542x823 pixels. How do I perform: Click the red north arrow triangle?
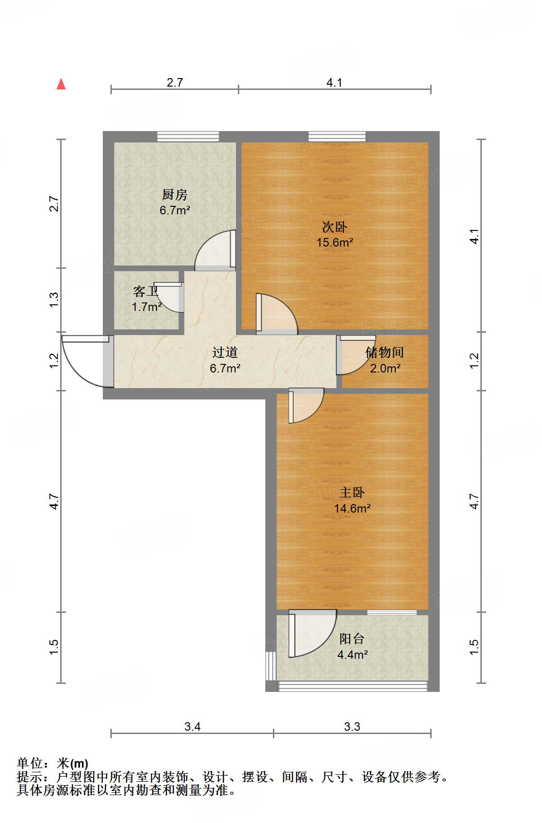click(61, 85)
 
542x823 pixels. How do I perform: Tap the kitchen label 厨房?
click(174, 195)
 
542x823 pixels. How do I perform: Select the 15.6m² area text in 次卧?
click(334, 243)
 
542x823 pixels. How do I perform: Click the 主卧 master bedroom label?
click(352, 493)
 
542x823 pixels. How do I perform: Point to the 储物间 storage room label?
click(384, 352)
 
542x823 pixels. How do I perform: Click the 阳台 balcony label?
click(352, 639)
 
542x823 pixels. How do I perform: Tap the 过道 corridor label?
click(225, 352)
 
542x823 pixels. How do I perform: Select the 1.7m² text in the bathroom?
click(146, 307)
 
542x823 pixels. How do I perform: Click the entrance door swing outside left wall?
click(83, 362)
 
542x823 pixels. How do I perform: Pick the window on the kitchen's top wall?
click(188, 137)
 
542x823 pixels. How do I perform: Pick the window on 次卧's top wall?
click(337, 137)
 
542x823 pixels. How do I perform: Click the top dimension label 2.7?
click(174, 82)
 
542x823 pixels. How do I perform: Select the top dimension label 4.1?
click(334, 82)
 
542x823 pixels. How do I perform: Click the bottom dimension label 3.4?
click(192, 726)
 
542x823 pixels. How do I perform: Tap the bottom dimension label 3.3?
click(352, 726)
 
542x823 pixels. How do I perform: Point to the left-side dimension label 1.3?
click(54, 300)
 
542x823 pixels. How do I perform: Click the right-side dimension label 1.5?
click(474, 647)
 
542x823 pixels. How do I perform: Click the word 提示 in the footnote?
click(29, 777)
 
